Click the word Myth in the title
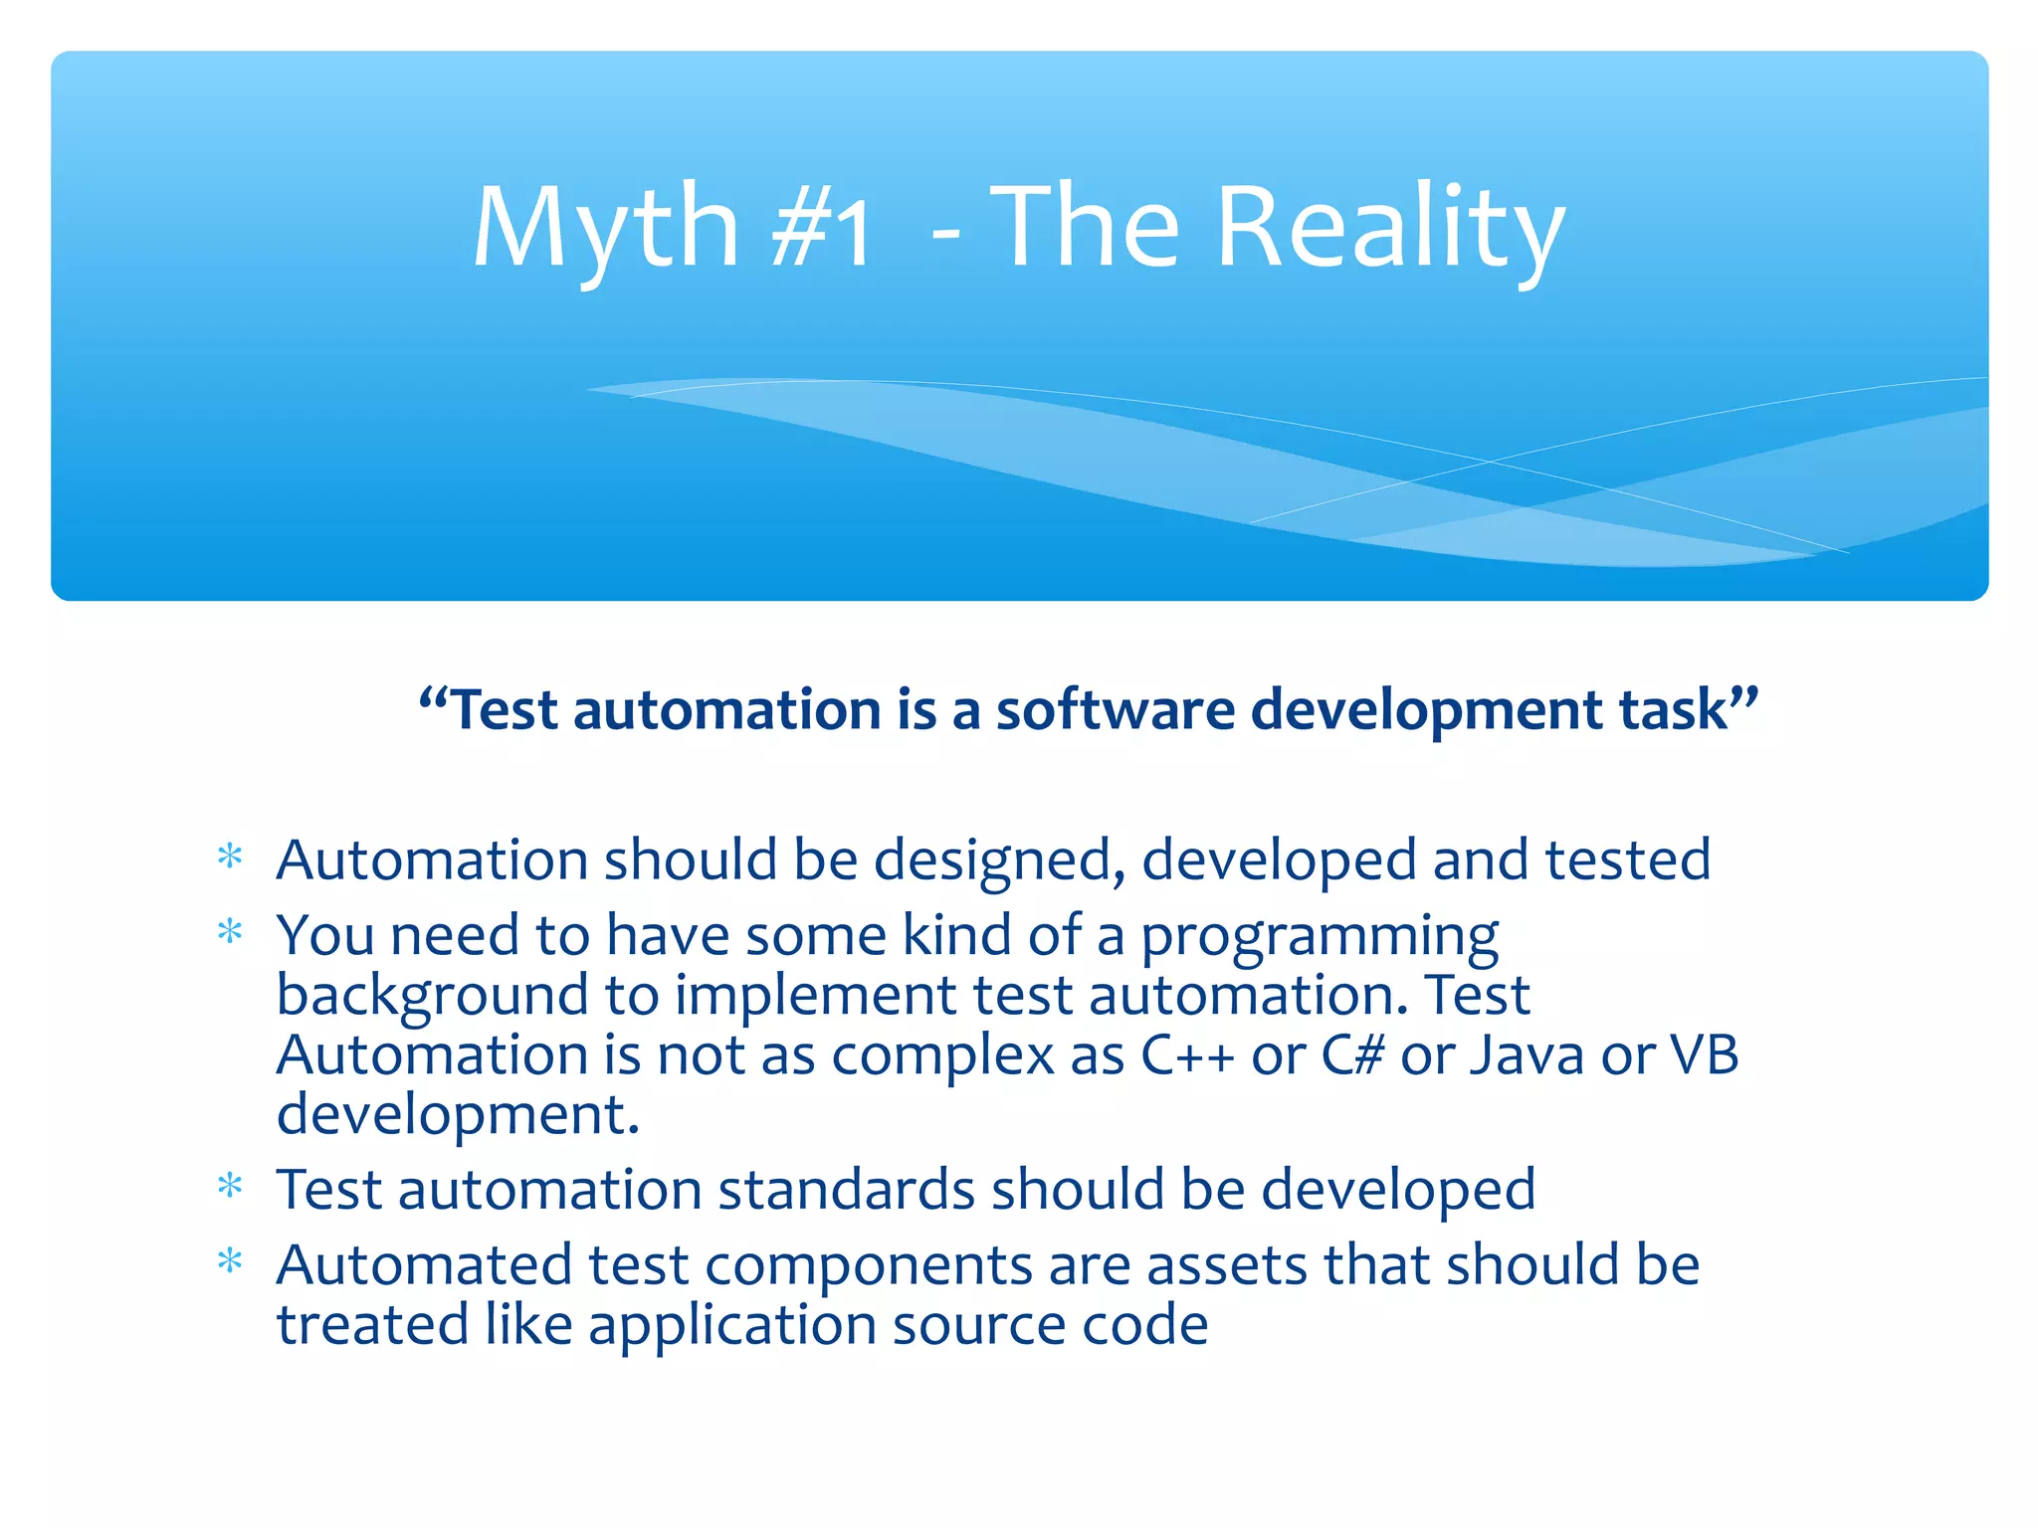(605, 229)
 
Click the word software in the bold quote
(1115, 710)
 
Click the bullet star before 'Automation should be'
(230, 858)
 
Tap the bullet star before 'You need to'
(230, 933)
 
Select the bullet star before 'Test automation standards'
(230, 1187)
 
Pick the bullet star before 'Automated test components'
(230, 1262)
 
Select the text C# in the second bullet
(1352, 1054)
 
